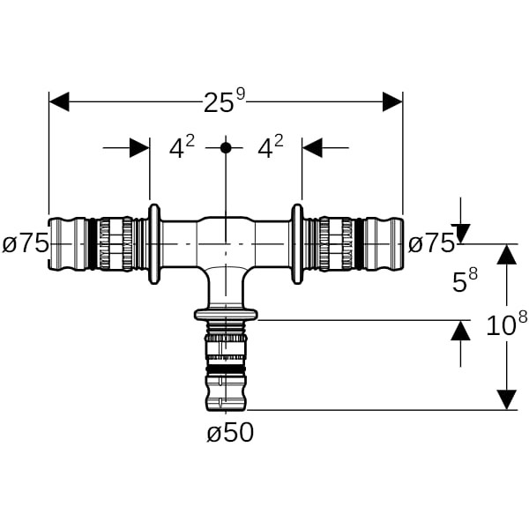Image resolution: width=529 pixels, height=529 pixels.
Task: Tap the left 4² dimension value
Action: pyautogui.click(x=182, y=147)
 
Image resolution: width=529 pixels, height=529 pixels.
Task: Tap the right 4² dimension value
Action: pyautogui.click(x=270, y=147)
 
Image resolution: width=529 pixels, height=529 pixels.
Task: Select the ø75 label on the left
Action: pyautogui.click(x=25, y=243)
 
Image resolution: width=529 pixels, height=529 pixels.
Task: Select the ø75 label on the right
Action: pyautogui.click(x=431, y=243)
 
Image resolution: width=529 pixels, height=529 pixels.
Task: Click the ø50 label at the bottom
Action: pyautogui.click(x=228, y=433)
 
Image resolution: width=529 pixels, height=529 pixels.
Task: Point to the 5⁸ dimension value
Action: pyautogui.click(x=465, y=281)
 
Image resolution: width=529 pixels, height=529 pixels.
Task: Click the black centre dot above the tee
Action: pyautogui.click(x=226, y=147)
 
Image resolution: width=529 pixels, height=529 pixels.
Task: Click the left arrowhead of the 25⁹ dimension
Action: pyautogui.click(x=59, y=102)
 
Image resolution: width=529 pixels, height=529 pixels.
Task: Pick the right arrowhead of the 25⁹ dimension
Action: pyautogui.click(x=392, y=102)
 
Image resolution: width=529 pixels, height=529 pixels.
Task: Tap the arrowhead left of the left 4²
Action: pyautogui.click(x=139, y=147)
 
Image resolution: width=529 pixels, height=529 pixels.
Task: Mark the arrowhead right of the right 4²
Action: pyautogui.click(x=312, y=147)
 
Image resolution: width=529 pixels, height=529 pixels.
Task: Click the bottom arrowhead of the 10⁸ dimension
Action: pyautogui.click(x=506, y=399)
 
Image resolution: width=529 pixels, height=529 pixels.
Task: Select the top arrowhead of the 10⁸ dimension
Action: pyautogui.click(x=506, y=255)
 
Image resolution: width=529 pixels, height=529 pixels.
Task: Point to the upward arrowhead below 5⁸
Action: pyautogui.click(x=459, y=332)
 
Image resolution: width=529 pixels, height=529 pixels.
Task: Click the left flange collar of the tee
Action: pyautogui.click(x=154, y=244)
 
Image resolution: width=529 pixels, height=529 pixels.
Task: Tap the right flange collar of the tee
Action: pyautogui.click(x=297, y=244)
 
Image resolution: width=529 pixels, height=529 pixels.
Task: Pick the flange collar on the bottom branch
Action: pyautogui.click(x=226, y=314)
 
